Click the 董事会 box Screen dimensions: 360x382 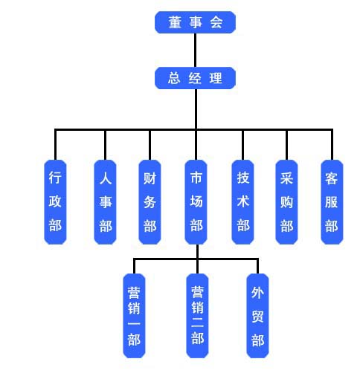195,22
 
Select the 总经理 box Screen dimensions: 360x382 195,78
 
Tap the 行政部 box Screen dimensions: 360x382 55,202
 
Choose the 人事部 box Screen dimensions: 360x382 105,202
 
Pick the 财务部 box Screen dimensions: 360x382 150,202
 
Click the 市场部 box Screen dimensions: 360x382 196,202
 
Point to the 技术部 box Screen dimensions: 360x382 242,202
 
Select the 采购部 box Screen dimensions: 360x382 286,202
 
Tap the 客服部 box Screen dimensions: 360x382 332,202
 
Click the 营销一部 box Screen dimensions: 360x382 134,316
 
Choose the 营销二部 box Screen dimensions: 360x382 197,316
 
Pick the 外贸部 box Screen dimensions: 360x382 257,316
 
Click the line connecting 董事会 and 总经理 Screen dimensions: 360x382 195,50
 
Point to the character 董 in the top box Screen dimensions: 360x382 175,22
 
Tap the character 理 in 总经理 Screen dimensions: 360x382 216,78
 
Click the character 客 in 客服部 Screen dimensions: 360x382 332,178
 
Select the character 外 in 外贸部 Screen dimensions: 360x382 257,293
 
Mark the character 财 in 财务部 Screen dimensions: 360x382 150,178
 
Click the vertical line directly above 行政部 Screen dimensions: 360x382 55,145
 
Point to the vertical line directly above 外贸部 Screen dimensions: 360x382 257,266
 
